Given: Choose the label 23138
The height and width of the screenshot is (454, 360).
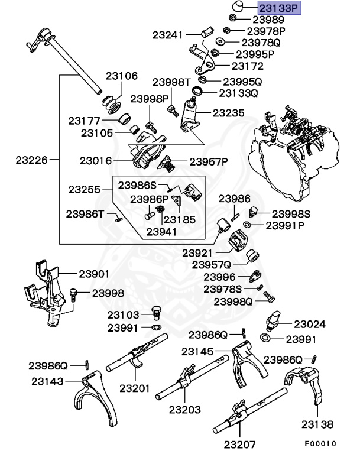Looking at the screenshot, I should click(x=317, y=424).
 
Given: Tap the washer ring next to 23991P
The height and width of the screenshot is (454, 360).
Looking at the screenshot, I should click(x=247, y=225).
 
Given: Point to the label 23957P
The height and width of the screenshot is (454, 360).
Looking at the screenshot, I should click(x=208, y=161).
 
